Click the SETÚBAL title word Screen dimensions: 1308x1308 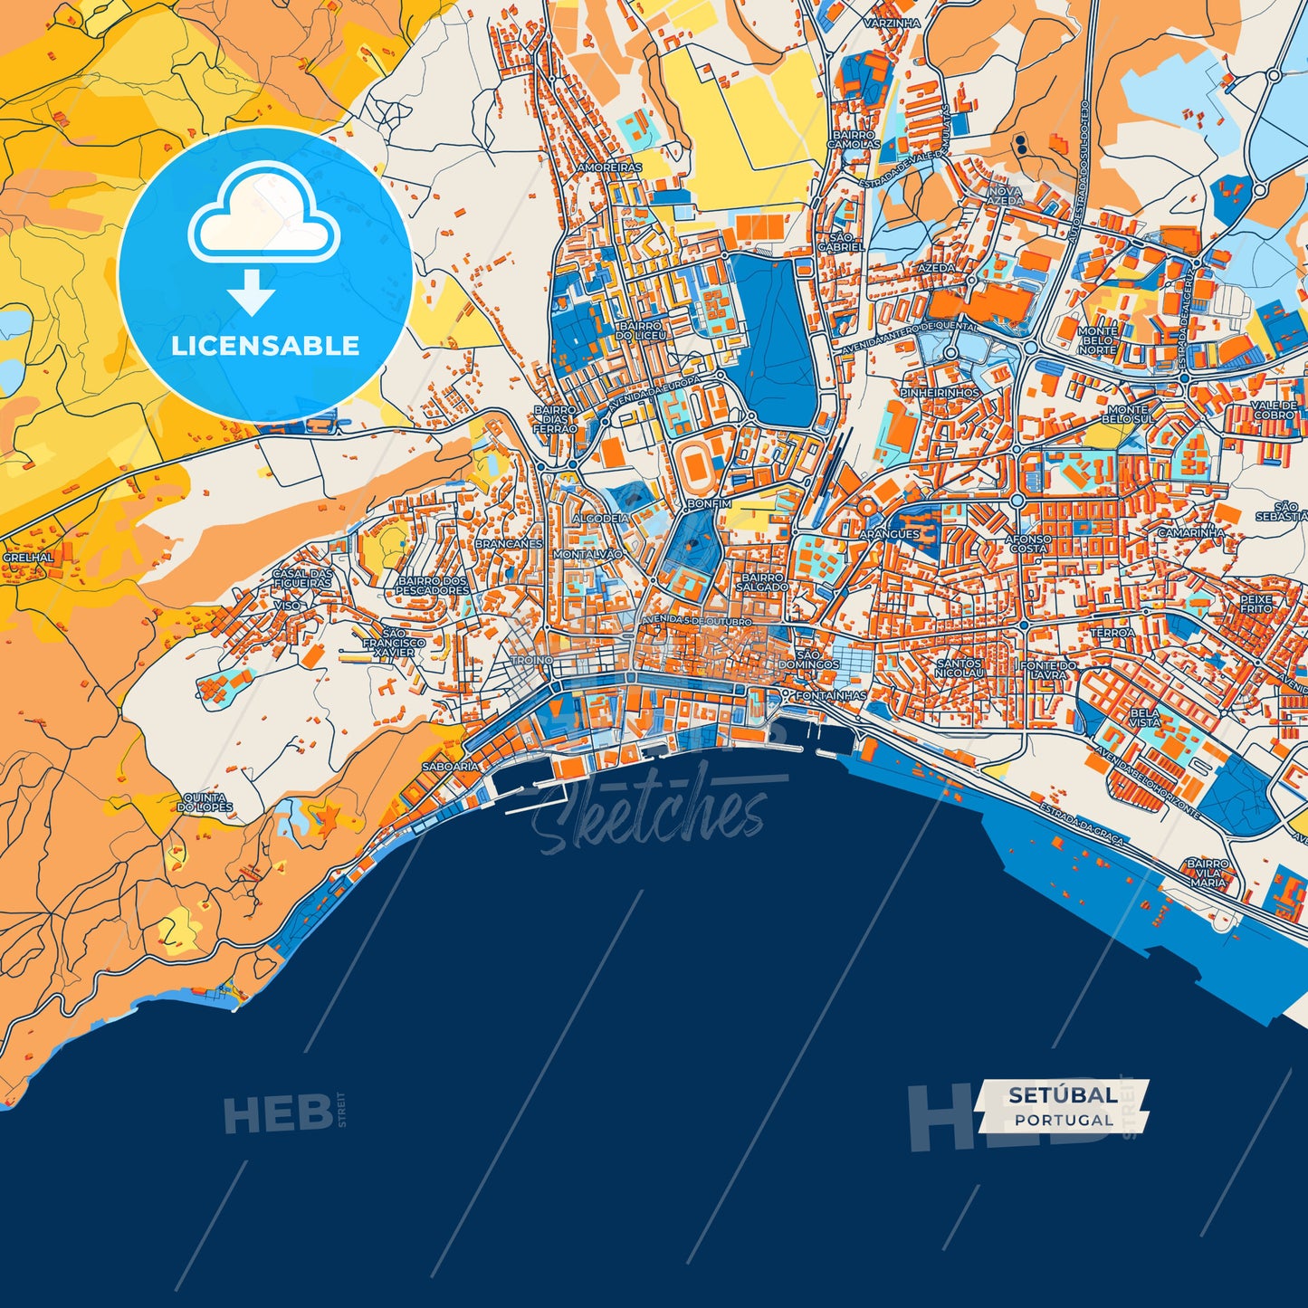(x=1062, y=1094)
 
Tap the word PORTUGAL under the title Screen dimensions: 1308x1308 (x=1064, y=1120)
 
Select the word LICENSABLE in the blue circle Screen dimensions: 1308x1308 (x=265, y=345)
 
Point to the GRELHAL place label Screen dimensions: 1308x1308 (x=28, y=558)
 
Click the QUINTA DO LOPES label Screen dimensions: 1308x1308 (x=205, y=802)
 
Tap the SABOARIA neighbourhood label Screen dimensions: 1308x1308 (x=450, y=767)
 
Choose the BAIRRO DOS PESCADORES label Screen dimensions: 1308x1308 (x=433, y=586)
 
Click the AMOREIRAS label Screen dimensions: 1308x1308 (x=609, y=167)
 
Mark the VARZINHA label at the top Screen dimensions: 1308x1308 (x=891, y=24)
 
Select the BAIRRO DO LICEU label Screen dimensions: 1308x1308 (x=641, y=329)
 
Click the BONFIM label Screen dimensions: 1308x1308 (x=708, y=503)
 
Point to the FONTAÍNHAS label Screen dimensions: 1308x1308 (x=830, y=696)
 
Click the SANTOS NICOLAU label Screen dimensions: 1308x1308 (x=959, y=668)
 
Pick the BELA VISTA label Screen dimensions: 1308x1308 (x=1144, y=717)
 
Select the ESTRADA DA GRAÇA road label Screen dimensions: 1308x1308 (x=1081, y=824)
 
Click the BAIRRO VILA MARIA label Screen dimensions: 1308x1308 (x=1208, y=873)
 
